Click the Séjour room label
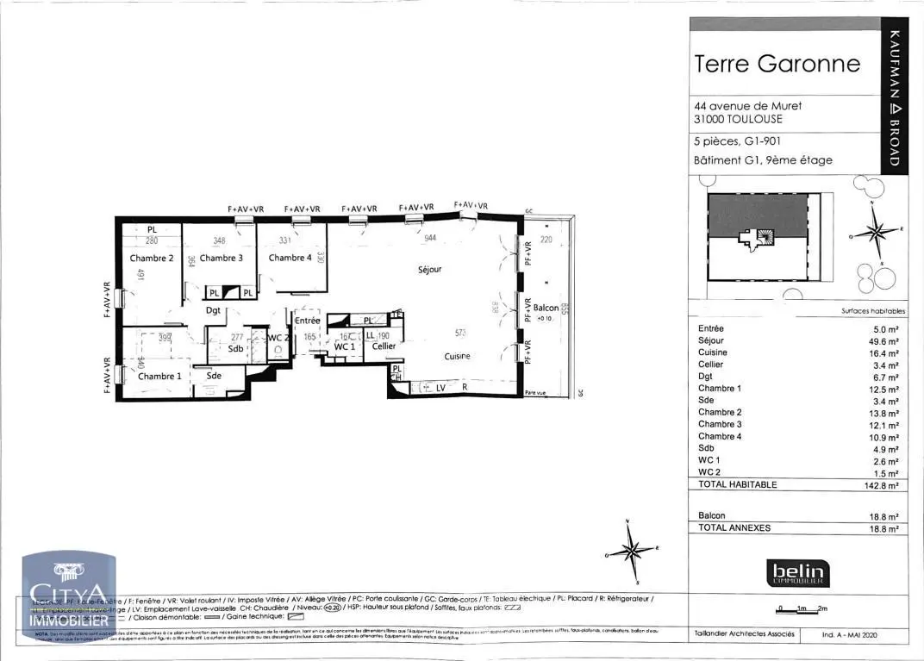(x=429, y=270)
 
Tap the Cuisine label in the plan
(x=457, y=357)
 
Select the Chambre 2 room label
(x=152, y=259)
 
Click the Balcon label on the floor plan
(x=546, y=308)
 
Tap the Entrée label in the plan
(x=307, y=321)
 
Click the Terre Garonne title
(x=777, y=64)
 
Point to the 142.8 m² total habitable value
(x=883, y=485)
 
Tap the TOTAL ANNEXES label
(x=734, y=527)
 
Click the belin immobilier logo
(x=798, y=572)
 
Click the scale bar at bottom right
(x=802, y=608)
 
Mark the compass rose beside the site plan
(x=877, y=232)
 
